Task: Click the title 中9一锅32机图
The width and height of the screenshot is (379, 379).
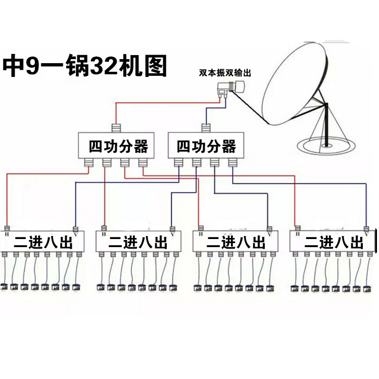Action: pos(85,65)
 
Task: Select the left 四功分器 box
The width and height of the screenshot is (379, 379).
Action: pos(118,146)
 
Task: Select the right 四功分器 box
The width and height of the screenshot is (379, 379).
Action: pos(206,146)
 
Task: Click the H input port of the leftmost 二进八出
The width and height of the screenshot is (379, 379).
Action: pos(7,228)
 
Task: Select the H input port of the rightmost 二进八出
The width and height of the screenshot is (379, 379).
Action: pos(297,228)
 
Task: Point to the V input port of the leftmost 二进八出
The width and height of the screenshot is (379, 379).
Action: pos(76,228)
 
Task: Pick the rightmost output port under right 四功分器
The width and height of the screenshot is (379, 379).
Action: pos(232,163)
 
